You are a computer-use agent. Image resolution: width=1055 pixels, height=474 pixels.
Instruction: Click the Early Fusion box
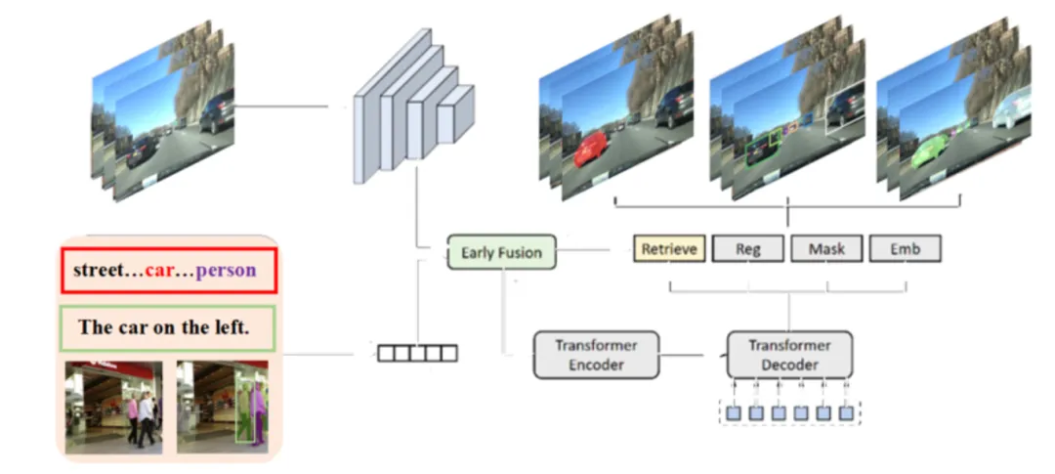pos(501,252)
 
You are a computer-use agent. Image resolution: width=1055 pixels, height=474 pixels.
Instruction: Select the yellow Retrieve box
pos(669,249)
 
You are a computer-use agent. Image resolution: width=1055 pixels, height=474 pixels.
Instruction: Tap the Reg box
pos(748,249)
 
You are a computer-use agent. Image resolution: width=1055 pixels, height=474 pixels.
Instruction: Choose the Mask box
pos(826,249)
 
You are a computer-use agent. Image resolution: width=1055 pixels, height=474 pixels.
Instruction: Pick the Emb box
pos(905,249)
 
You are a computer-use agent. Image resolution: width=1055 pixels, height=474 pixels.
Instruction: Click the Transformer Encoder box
pos(596,355)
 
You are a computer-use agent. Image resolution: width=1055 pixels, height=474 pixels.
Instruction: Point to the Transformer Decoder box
pos(789,355)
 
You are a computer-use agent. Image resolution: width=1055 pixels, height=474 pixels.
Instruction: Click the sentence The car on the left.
pos(164,327)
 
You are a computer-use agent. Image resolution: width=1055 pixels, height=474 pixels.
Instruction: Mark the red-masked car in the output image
pos(594,151)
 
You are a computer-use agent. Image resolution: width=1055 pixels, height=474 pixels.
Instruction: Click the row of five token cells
pos(417,353)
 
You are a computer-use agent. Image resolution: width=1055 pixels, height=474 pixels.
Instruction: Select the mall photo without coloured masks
pos(113,405)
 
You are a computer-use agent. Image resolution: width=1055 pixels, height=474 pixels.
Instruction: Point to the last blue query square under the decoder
pos(846,412)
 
